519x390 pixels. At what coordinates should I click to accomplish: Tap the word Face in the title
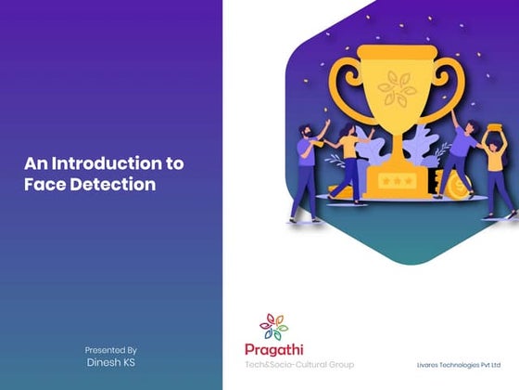click(x=43, y=184)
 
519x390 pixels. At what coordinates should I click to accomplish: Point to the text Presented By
click(x=111, y=349)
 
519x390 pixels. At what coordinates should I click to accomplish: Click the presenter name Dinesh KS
click(x=111, y=362)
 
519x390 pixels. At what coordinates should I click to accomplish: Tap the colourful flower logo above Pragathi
click(x=272, y=326)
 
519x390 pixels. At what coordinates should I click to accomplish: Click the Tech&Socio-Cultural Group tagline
click(x=298, y=364)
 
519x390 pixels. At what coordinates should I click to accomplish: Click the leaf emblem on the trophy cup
click(x=396, y=89)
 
